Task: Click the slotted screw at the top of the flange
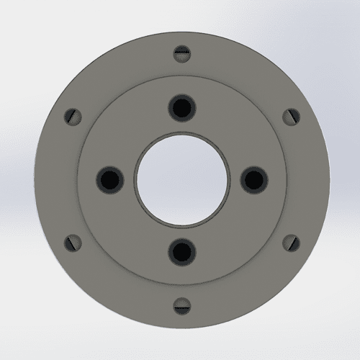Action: (x=181, y=53)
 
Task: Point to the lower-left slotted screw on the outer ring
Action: (x=72, y=242)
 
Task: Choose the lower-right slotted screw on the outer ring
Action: (x=290, y=242)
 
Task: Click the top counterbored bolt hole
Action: (x=181, y=108)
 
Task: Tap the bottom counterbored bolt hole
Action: (x=181, y=250)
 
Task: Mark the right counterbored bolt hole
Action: (x=252, y=179)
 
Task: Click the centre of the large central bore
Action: (x=181, y=179)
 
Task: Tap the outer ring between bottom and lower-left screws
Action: (x=118, y=287)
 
